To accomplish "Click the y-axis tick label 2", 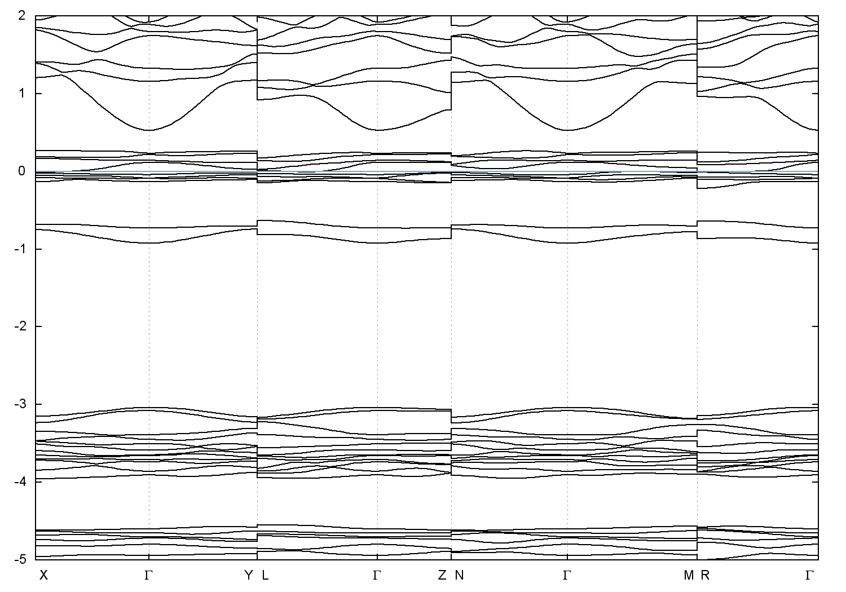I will (x=22, y=15).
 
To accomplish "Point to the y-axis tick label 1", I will (x=22, y=93).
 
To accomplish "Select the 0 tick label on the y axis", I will (x=22, y=171).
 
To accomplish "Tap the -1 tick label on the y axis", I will (x=20, y=249).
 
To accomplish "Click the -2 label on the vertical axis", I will (x=20, y=326).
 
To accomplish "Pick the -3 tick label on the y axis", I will (x=20, y=404).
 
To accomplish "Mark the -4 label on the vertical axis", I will (x=20, y=481).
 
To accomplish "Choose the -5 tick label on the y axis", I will (x=20, y=559).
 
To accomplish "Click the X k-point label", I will (x=43, y=575).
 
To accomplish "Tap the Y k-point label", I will (x=249, y=575).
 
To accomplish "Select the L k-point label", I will (x=266, y=575).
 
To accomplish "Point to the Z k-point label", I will (x=442, y=575).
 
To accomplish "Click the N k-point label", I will (x=460, y=575).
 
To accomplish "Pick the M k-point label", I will (x=688, y=575).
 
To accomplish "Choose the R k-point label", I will (x=705, y=575).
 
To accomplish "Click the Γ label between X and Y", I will (x=148, y=575).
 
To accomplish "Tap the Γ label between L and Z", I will (x=377, y=575).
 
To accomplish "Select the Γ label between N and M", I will (x=567, y=575).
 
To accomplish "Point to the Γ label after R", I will (x=809, y=575).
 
